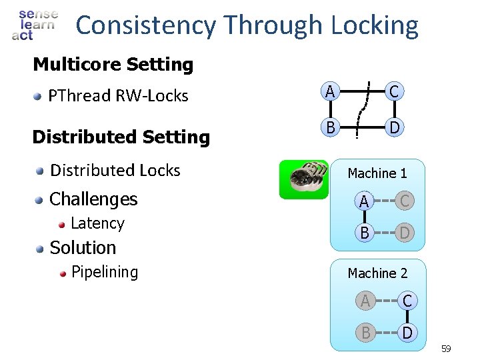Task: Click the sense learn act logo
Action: coord(35,25)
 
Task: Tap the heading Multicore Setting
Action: coord(113,65)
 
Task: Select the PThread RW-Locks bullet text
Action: coord(118,95)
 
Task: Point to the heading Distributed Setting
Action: coord(121,137)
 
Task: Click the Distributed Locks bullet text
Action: coord(115,171)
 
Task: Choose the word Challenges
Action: coord(93,199)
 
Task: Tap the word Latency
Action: coord(97,223)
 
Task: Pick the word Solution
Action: coord(83,247)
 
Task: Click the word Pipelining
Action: coord(104,272)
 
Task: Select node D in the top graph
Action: coord(395,127)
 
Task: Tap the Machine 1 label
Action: coord(377,173)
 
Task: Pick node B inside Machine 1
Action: coord(363,233)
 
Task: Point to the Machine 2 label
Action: coord(377,273)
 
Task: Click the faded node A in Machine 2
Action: coord(365,301)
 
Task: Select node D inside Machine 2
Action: coord(407,332)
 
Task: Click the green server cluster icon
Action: coord(303,180)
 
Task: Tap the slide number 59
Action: coord(446,349)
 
